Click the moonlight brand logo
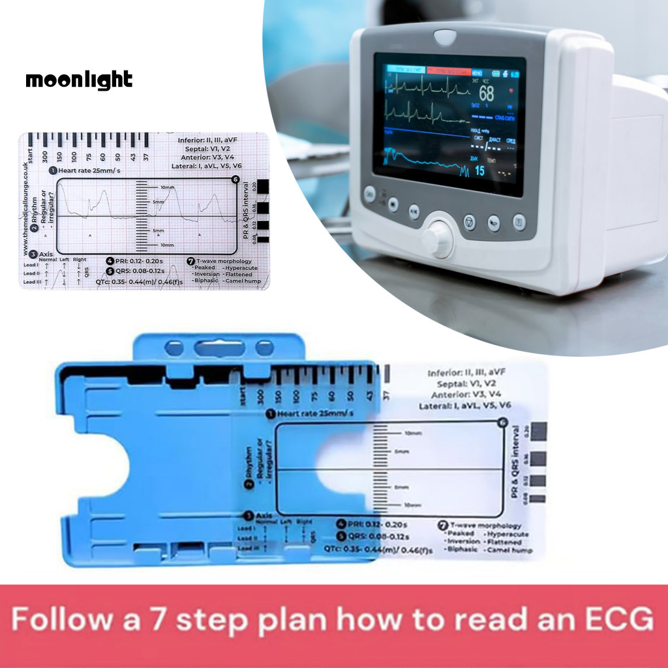(x=79, y=80)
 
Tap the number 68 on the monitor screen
(x=486, y=93)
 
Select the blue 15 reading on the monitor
(x=479, y=171)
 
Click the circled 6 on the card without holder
(x=235, y=179)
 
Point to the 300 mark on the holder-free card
(x=44, y=157)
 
